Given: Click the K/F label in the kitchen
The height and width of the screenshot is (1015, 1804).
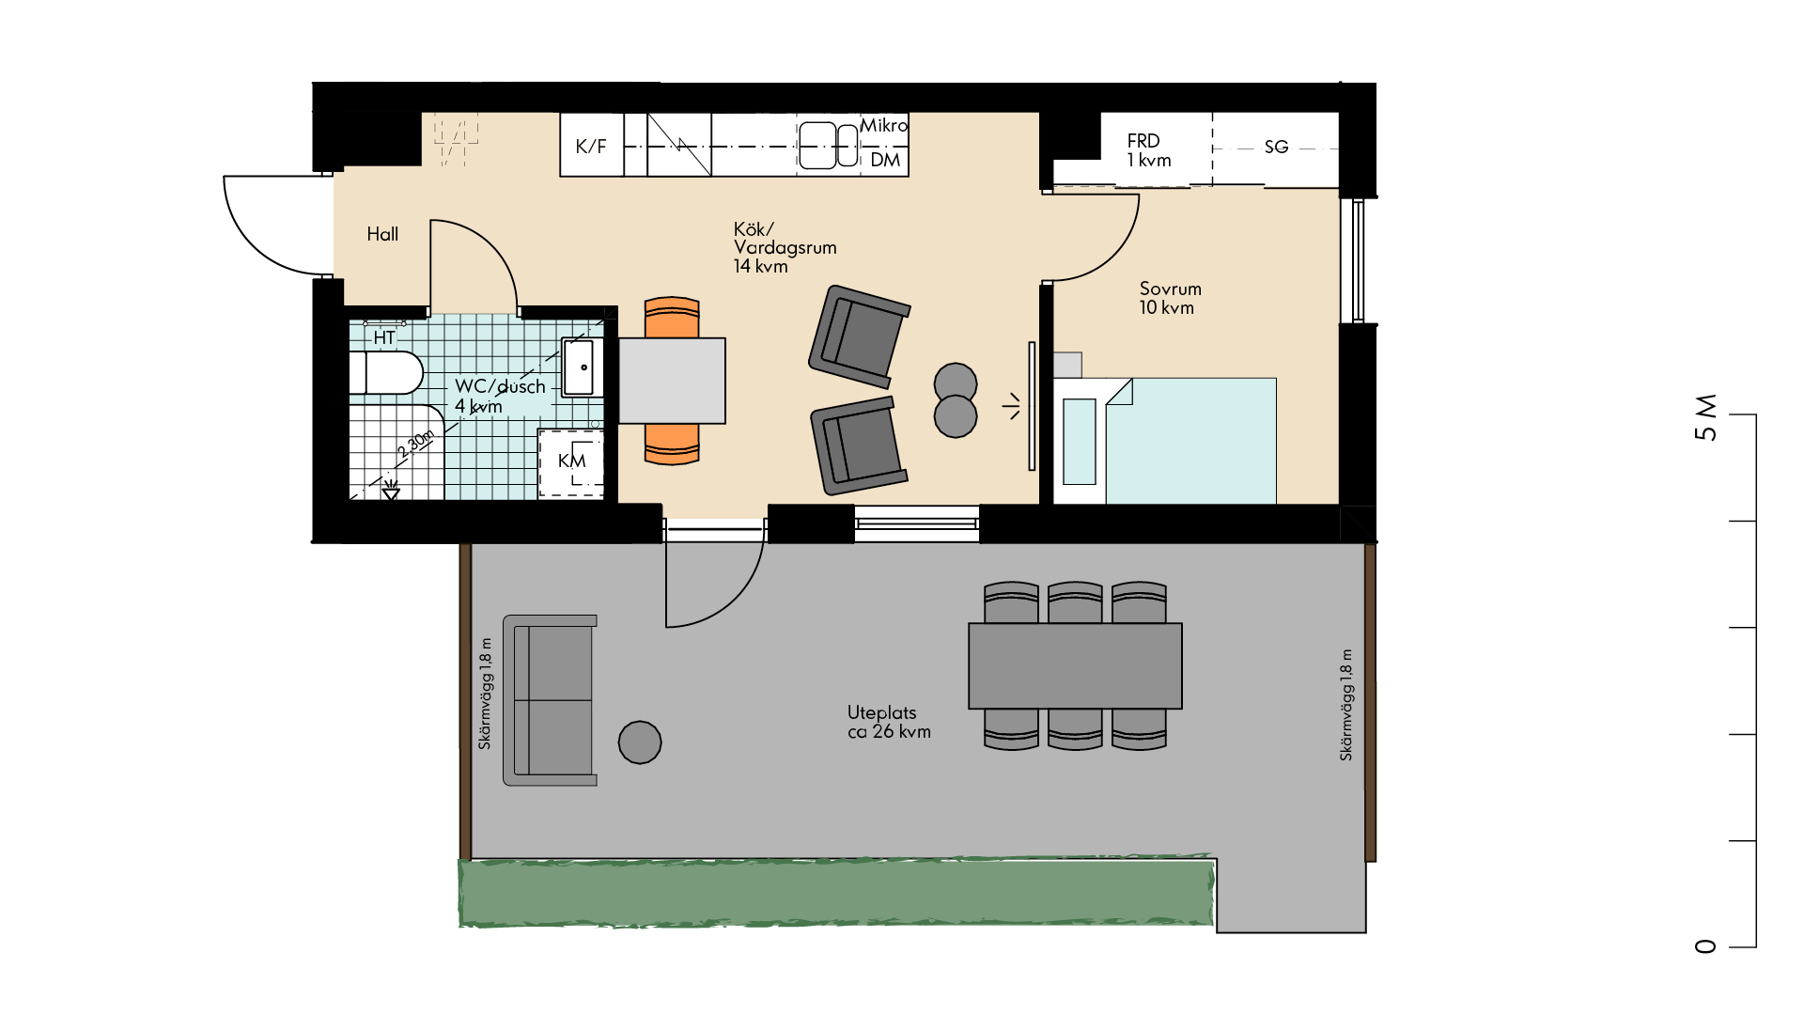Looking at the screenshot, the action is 591,146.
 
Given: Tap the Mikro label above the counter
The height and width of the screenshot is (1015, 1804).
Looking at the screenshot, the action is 884,125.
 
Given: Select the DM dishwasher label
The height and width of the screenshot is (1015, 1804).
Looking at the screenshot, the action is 885,160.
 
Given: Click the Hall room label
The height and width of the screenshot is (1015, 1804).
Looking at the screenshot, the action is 382,234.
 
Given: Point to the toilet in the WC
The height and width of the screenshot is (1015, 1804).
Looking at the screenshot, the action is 386,373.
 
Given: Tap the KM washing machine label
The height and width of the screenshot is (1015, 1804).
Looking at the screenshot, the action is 571,461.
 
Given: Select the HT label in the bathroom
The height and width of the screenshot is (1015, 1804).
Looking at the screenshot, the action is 384,337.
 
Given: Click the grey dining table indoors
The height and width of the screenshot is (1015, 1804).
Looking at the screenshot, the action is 672,381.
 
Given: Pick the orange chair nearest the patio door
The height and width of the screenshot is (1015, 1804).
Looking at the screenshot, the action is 672,444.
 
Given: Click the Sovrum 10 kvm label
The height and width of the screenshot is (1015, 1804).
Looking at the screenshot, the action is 1170,298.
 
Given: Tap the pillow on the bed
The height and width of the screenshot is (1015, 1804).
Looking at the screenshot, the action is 1080,442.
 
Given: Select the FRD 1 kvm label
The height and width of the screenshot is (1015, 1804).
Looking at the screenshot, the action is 1148,150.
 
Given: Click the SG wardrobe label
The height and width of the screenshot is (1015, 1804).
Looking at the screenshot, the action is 1276,147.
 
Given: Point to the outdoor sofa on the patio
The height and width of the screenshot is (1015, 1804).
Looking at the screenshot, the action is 550,700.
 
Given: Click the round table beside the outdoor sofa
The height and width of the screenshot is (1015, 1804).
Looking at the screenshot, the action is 640,742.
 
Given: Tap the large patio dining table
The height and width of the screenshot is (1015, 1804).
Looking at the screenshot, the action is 1075,665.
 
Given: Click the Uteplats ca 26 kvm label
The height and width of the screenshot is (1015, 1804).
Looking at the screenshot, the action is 889,722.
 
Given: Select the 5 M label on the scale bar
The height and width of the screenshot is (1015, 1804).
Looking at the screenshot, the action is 1705,417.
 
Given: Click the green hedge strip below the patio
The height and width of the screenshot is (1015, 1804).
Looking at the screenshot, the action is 836,892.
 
